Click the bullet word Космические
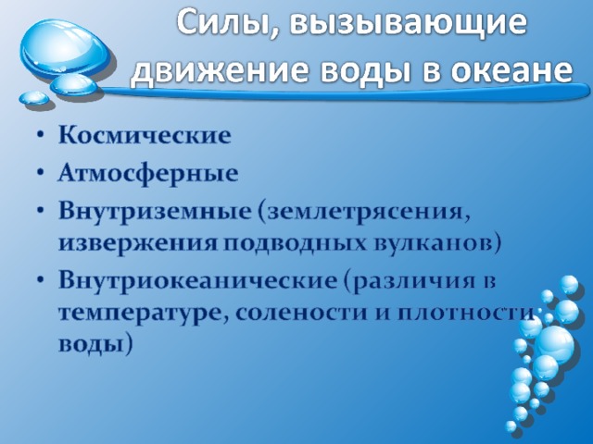[145, 135]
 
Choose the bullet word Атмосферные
[148, 175]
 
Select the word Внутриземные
[155, 211]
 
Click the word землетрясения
[365, 213]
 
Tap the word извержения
[138, 243]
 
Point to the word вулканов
[434, 242]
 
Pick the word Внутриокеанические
[197, 280]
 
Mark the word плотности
[467, 313]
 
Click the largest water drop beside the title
[64, 48]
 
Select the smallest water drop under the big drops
[34, 98]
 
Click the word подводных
[295, 244]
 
